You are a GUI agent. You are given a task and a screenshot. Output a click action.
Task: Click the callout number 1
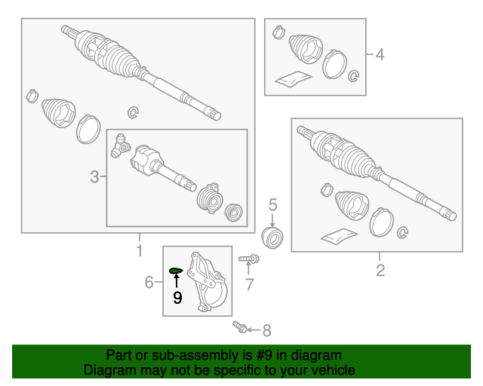pos(140,250)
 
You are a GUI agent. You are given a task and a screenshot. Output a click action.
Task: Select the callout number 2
pos(380,270)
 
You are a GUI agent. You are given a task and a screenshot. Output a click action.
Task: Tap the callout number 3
pos(94,177)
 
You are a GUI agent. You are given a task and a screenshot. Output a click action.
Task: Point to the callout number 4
pos(380,54)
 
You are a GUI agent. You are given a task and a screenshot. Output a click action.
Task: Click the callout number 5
pos(273,205)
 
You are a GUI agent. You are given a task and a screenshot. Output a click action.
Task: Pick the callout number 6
pos(149,282)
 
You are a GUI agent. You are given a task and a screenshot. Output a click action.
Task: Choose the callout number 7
pos(250,284)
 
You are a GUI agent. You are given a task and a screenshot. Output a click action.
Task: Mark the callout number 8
pos(266,331)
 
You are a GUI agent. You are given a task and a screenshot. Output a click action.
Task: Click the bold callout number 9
pos(177,298)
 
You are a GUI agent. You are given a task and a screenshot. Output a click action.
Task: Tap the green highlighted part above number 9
pos(176,271)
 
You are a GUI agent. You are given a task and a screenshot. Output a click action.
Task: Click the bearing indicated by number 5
pos(272,237)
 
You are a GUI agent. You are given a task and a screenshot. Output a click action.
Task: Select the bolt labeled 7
pos(249,259)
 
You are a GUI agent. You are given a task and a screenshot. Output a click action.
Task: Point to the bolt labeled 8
pos(240,326)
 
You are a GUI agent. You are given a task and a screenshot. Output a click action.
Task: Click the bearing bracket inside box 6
pos(208,282)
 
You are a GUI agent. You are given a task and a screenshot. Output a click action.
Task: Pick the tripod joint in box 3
pos(120,146)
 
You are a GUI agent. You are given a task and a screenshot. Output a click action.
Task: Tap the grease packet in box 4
pos(294,79)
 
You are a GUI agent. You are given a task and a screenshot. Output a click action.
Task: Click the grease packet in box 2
pos(339,236)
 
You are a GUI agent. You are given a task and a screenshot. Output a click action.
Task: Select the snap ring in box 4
pos(354,75)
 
